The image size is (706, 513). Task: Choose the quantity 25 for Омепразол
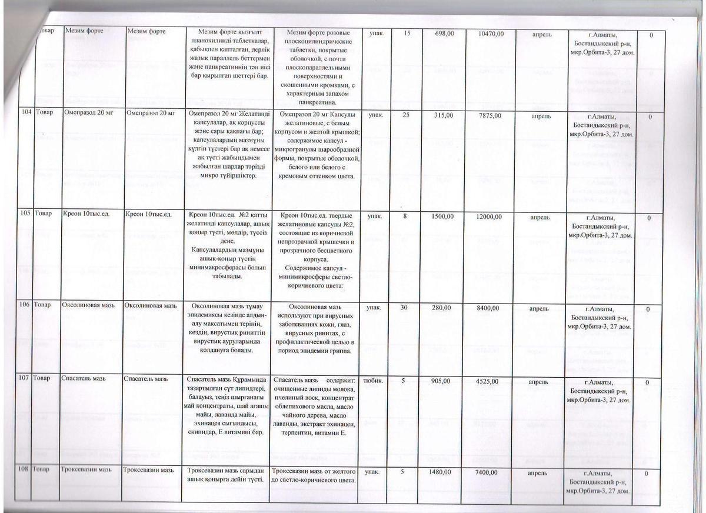405,116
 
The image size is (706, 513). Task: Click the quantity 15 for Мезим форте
407,35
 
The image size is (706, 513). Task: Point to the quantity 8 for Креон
405,217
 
